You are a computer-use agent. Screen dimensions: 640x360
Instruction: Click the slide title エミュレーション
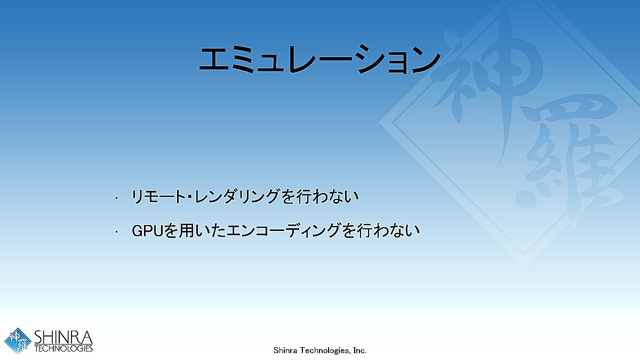[x=319, y=59]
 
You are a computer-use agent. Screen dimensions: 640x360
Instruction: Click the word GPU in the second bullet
[x=147, y=231]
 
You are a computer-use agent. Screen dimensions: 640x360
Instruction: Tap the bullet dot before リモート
[x=116, y=198]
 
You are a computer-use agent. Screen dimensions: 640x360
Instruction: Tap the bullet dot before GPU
[x=116, y=232]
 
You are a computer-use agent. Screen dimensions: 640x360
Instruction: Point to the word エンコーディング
[x=283, y=231]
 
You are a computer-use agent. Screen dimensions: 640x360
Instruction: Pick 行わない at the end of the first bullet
[x=327, y=197]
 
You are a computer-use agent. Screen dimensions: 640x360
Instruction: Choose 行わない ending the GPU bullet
[x=389, y=231]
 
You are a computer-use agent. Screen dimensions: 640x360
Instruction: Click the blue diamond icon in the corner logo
[x=18, y=341]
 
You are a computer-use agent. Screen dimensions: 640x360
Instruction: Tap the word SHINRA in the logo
[x=63, y=337]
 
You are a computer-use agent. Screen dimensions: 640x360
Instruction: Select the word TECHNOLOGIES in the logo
[x=63, y=348]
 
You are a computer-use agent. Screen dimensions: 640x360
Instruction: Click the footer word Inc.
[x=359, y=350]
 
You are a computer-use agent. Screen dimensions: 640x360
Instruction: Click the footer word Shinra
[x=285, y=350]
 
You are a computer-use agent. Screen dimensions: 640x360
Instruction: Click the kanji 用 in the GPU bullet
[x=187, y=231]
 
